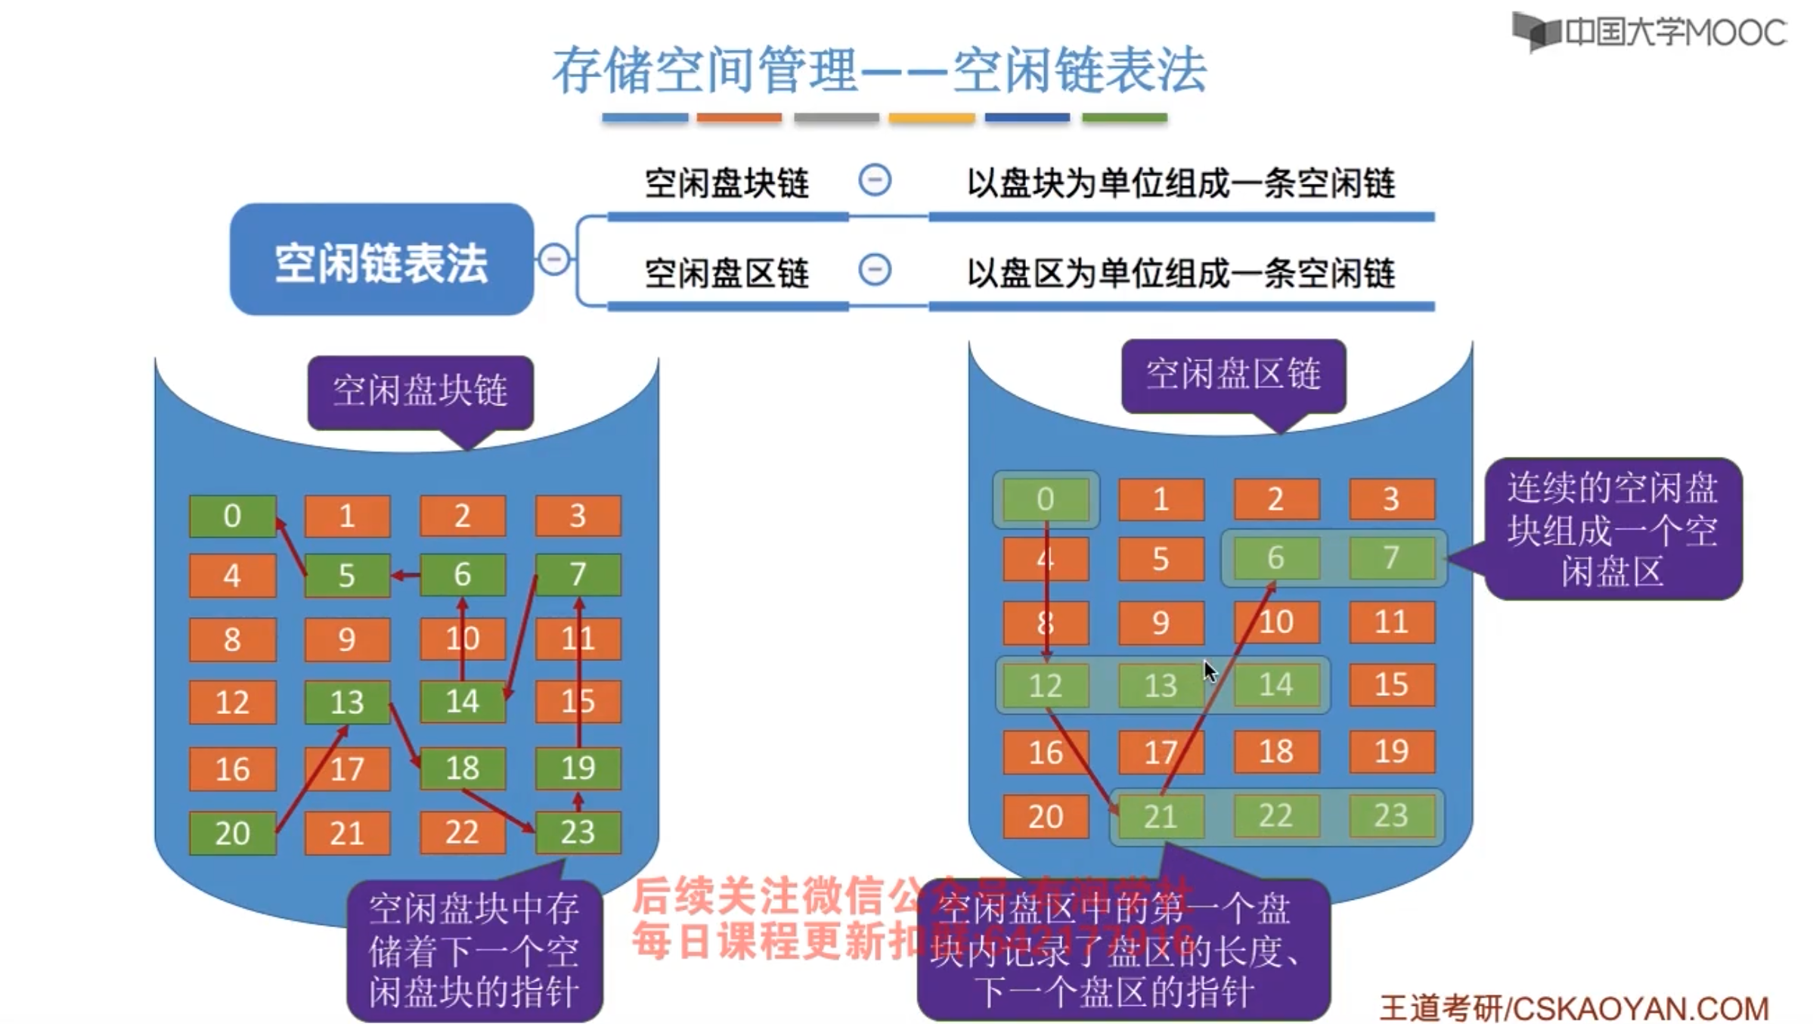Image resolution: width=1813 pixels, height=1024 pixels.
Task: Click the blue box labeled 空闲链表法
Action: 382,259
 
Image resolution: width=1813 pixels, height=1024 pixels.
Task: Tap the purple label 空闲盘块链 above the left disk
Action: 420,392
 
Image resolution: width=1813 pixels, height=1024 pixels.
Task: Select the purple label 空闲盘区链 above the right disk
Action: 1233,375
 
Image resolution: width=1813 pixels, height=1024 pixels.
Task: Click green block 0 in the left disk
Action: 232,517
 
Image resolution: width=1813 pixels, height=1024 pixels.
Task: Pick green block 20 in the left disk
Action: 232,833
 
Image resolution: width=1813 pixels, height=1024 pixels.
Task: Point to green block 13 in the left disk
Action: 347,703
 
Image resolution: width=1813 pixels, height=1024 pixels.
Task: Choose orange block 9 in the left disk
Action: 347,640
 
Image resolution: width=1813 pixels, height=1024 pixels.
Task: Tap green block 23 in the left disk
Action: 578,832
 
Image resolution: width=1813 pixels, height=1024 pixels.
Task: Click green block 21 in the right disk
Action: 1160,817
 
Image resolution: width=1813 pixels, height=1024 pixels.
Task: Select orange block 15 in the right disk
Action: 1391,684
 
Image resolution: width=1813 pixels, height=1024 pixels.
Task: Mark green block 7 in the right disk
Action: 1391,558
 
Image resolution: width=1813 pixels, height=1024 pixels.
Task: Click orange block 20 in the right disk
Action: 1046,817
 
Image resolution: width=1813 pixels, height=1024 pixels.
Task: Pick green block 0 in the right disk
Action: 1046,499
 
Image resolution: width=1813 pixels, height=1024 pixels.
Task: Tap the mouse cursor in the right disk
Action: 1210,671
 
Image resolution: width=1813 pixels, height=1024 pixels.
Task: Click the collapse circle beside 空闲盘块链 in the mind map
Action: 875,181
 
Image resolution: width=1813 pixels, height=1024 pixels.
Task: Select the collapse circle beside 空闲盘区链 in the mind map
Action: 875,270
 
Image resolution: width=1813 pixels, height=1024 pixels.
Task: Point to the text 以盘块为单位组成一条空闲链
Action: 1181,184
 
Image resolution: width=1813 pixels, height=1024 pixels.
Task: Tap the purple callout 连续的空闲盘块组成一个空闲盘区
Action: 1613,529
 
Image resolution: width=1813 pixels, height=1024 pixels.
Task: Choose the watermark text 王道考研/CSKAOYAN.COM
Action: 1574,1008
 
